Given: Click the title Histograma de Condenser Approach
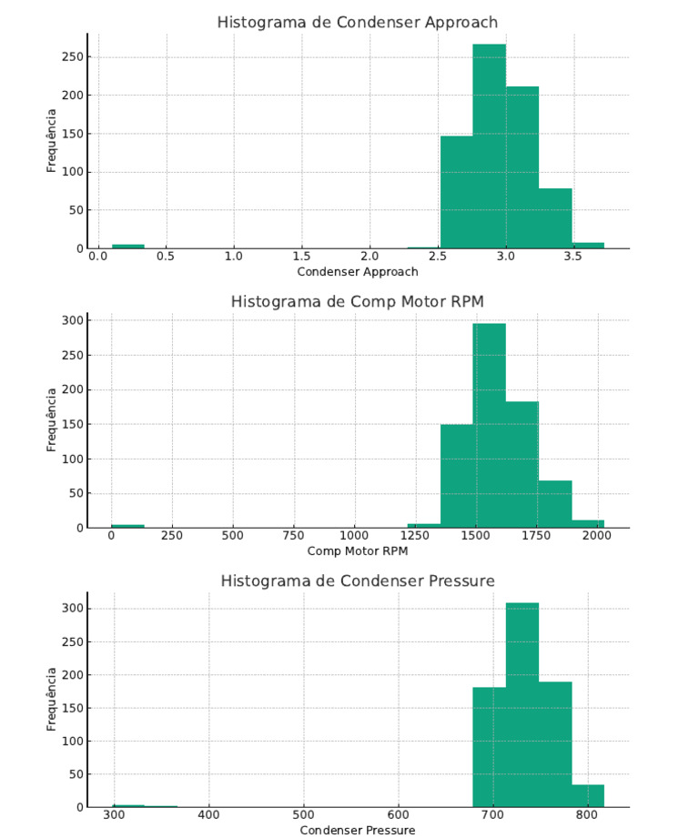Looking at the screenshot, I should [358, 22].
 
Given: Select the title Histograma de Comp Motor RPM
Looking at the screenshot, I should [358, 300].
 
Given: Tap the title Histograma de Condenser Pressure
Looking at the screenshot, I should [358, 581].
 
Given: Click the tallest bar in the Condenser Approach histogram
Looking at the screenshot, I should [489, 146].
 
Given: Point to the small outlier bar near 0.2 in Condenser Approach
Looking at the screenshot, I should [128, 246].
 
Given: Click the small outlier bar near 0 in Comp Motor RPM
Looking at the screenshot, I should [128, 525].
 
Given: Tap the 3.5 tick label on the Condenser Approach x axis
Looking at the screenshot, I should [573, 257].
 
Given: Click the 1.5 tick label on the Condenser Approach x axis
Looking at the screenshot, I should [302, 257].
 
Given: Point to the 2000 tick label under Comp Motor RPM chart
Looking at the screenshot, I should [598, 537].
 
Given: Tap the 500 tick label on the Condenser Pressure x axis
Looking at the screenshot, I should [304, 816].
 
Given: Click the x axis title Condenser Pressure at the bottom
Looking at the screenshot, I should [358, 830].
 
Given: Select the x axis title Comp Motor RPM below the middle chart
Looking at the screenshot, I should [358, 551].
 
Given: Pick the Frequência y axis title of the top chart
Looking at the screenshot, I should [52, 141].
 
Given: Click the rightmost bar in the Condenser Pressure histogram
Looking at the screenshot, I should [588, 795].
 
